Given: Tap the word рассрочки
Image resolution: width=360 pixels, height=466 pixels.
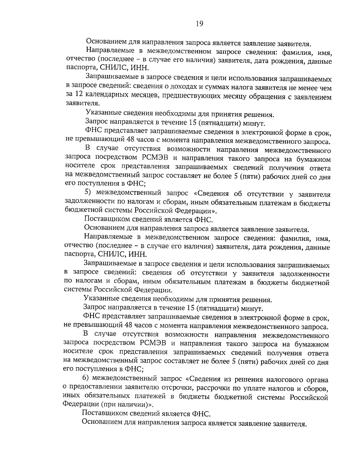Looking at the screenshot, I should point(214,388).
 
